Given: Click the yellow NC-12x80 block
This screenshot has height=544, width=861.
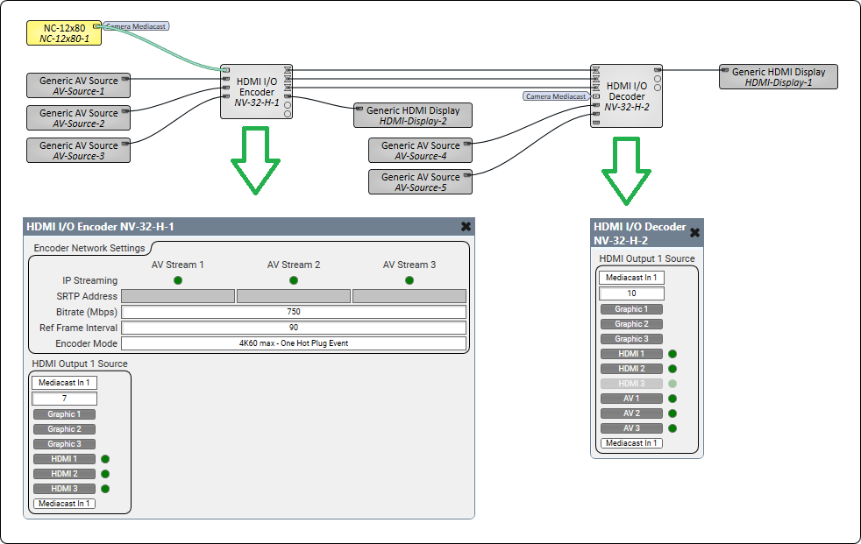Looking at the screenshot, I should [x=64, y=33].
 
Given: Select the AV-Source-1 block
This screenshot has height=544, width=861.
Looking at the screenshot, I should [x=78, y=86].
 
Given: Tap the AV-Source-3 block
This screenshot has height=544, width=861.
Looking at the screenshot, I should [x=78, y=151].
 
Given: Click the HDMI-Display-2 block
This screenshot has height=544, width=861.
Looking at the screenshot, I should [x=413, y=116].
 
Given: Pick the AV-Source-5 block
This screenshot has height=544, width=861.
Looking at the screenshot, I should [x=420, y=182].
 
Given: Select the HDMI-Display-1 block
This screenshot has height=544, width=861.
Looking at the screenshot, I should [x=779, y=77].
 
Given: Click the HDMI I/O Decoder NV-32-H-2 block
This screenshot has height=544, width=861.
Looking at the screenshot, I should [x=626, y=95].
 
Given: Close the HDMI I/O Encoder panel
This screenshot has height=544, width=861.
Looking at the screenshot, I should [x=466, y=226].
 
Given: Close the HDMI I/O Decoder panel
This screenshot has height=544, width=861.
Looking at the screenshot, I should [x=694, y=232].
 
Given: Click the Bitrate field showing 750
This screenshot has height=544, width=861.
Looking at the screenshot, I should [x=293, y=312].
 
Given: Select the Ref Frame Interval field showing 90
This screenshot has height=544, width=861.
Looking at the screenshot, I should [x=293, y=328].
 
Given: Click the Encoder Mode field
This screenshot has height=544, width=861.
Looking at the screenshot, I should [x=293, y=343].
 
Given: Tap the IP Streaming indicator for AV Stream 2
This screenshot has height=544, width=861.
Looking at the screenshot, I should [x=294, y=280].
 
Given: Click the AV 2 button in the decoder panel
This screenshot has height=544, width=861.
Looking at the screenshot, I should [x=631, y=413].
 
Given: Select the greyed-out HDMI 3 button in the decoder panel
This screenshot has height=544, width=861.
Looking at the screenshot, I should [x=631, y=384].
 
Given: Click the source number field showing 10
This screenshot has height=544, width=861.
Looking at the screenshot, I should [x=631, y=293].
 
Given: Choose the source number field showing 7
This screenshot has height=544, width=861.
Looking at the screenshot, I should [x=64, y=399].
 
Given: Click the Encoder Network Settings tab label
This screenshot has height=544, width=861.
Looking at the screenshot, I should [x=88, y=249].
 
